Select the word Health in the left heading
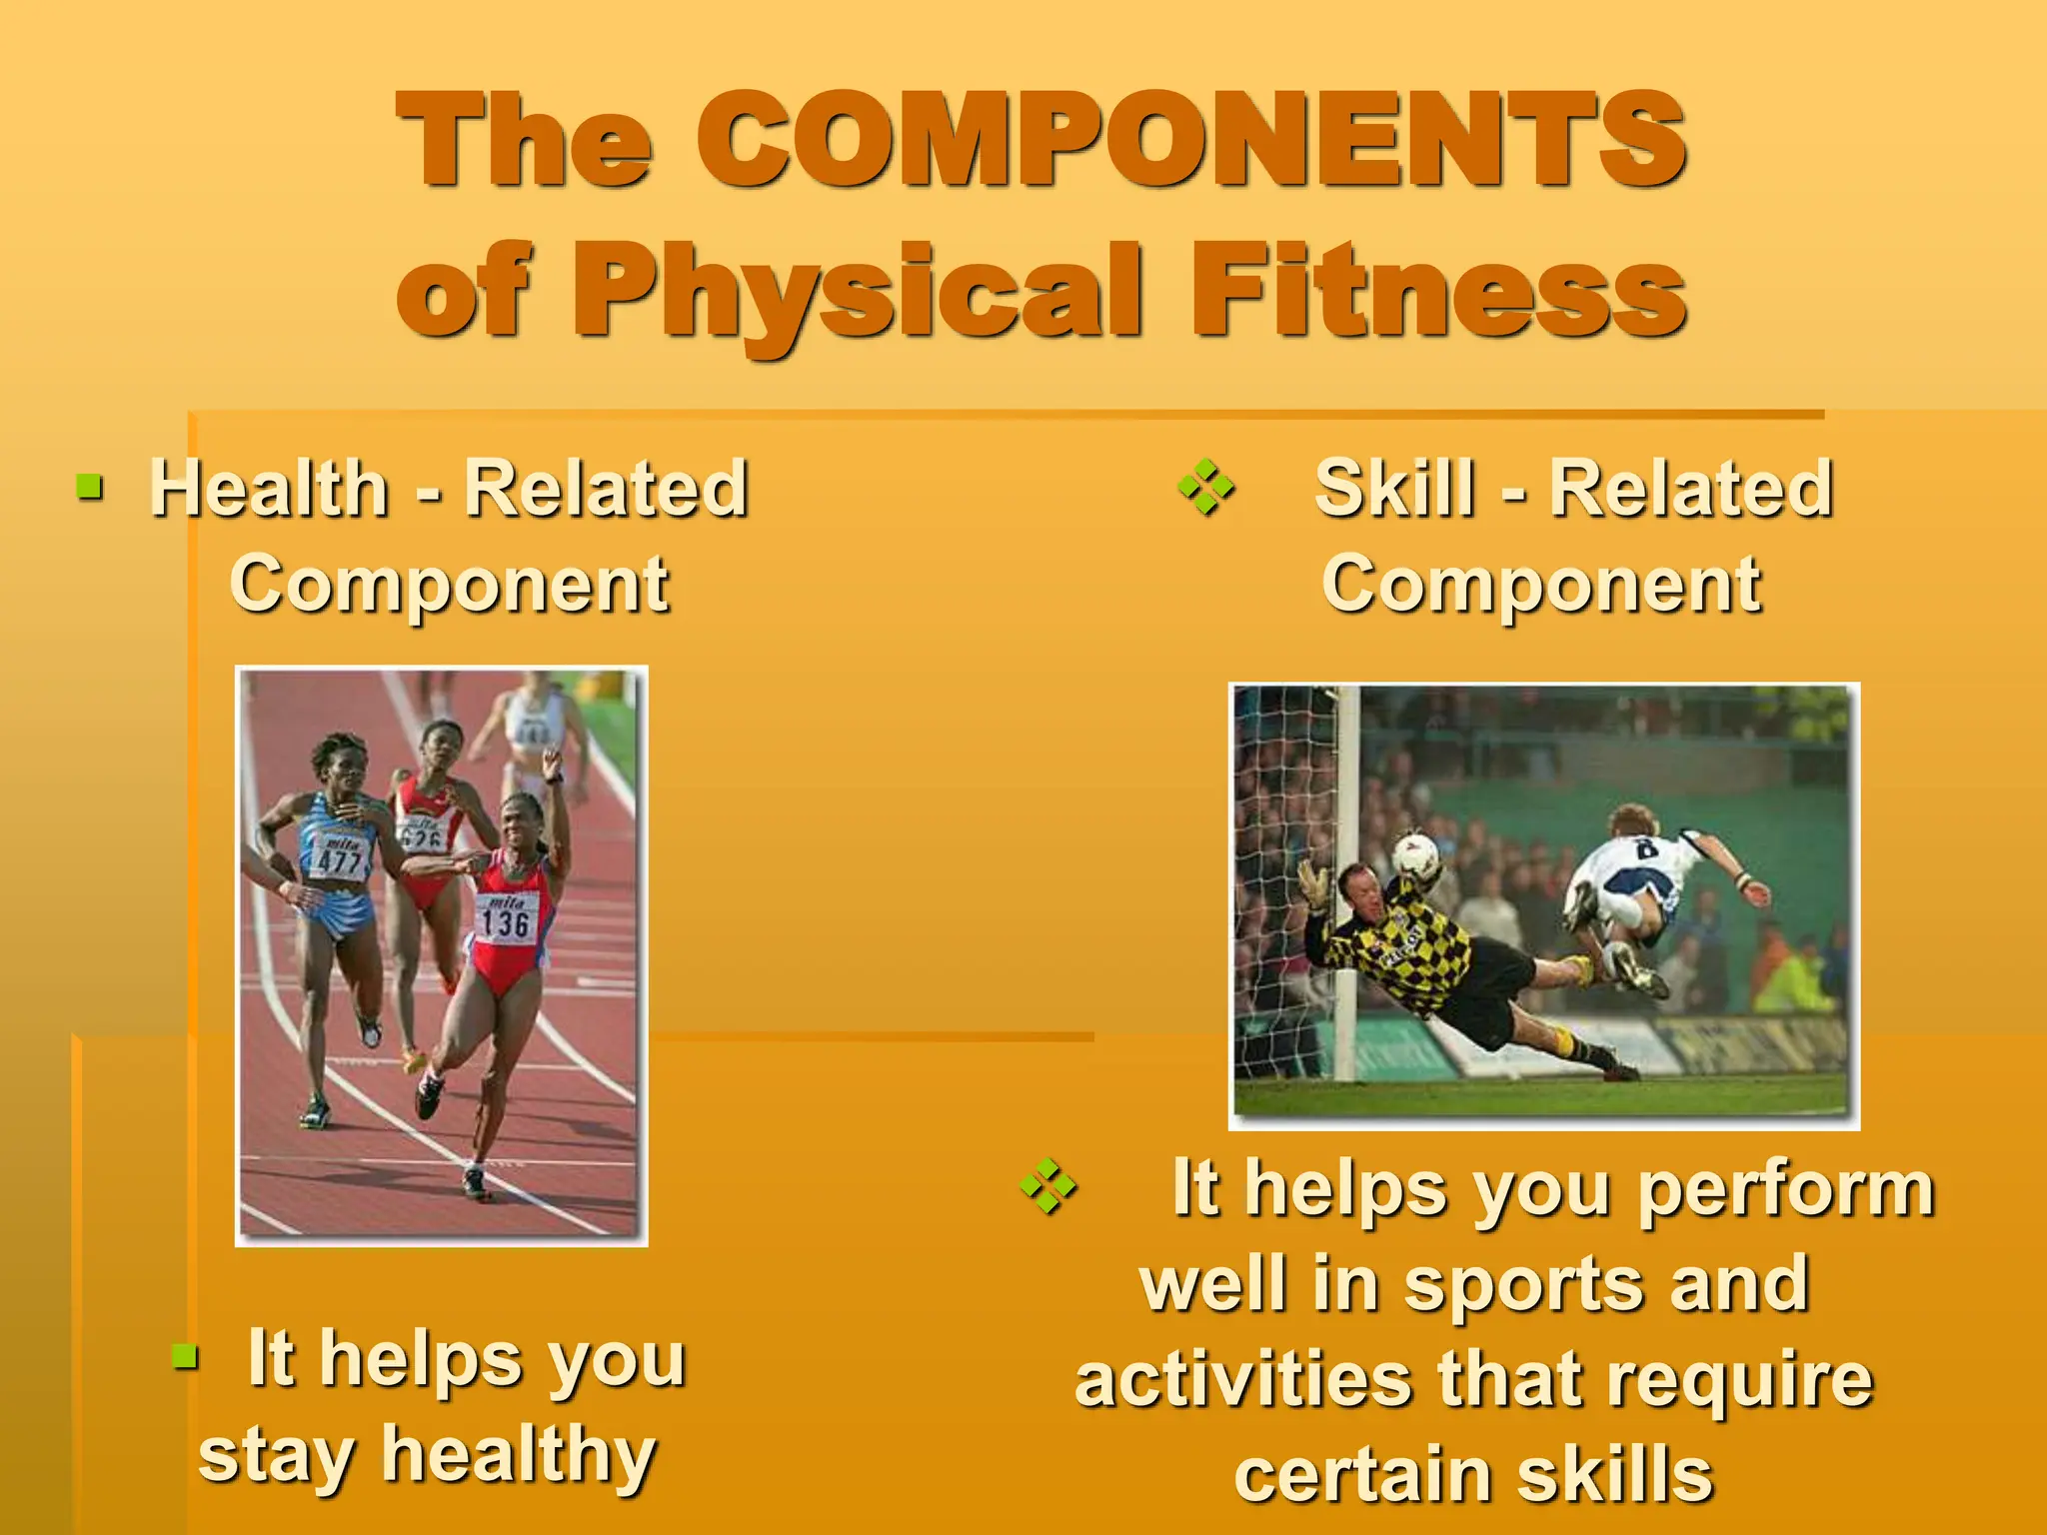pyautogui.click(x=269, y=489)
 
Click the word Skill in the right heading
pyautogui.click(x=1394, y=489)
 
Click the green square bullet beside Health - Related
pyautogui.click(x=90, y=487)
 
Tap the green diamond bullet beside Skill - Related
pyautogui.click(x=1205, y=488)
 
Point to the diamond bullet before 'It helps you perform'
pyautogui.click(x=1047, y=1186)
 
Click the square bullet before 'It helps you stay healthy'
pyautogui.click(x=184, y=1356)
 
